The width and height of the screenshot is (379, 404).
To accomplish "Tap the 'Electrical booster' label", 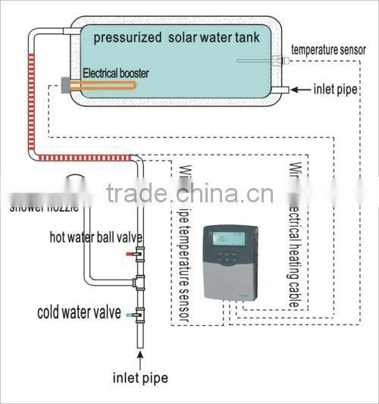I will [x=115, y=74].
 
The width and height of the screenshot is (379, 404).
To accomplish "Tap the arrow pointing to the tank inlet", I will [x=302, y=89].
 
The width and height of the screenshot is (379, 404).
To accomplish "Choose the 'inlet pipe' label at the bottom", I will [x=140, y=377].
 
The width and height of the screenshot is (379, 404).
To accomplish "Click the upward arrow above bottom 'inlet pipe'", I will [x=140, y=358].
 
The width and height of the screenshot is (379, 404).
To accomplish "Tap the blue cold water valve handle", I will [x=130, y=313].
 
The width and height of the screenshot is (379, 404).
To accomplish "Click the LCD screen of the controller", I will [x=227, y=238].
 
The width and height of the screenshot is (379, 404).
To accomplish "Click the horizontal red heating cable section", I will [x=83, y=158].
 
